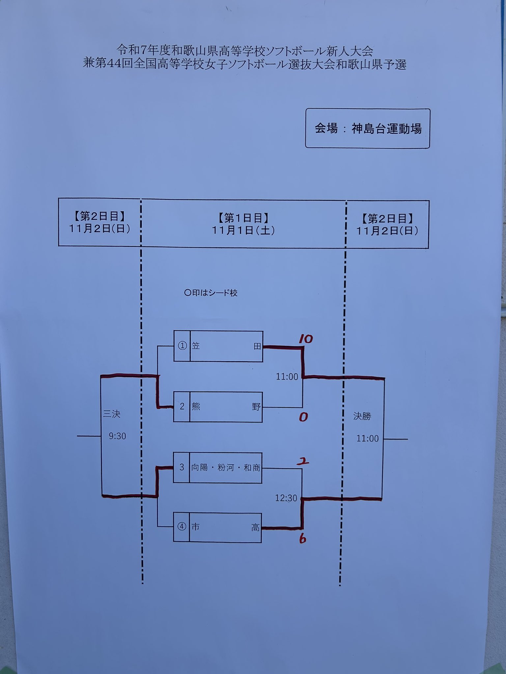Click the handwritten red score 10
306,339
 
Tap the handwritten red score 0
303,417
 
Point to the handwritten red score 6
302,539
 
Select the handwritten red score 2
303,461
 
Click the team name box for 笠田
226,346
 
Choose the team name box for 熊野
226,407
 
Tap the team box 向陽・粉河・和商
226,468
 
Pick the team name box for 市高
225,528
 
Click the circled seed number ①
182,346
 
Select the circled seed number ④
182,527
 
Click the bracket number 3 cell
182,467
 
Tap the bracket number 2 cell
182,406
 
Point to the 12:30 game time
286,498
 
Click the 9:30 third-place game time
118,436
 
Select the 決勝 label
362,416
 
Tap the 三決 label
112,414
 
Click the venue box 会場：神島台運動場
368,128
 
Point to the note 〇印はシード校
211,293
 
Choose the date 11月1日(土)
243,230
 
